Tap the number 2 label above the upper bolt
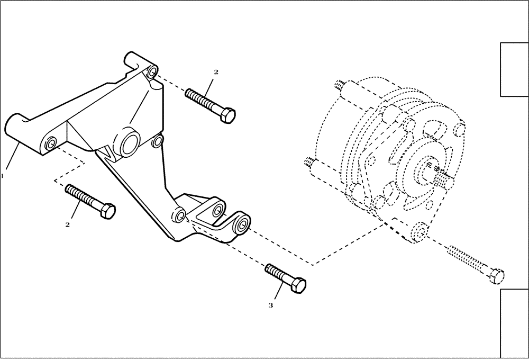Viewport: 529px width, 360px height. pos(216,71)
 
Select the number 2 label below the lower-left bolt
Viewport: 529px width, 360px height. pos(68,224)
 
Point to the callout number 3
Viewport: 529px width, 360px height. pos(271,305)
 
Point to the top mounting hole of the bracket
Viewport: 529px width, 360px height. pos(152,71)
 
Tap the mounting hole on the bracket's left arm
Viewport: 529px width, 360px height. pos(51,143)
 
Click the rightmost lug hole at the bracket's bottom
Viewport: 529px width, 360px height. pos(244,223)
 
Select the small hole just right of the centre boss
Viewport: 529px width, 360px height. pos(157,141)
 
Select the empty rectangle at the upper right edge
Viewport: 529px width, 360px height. pos(514,69)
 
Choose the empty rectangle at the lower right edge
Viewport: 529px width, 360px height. pos(514,323)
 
